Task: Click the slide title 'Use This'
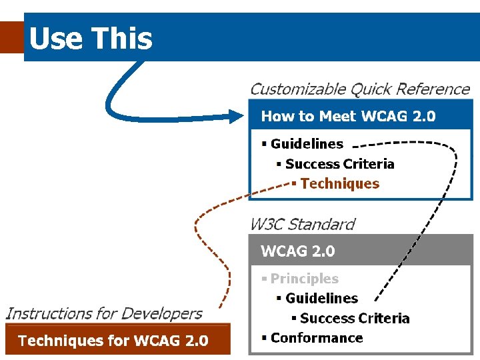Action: point(91,39)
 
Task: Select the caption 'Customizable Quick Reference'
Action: point(360,89)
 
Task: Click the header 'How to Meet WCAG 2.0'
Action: point(348,117)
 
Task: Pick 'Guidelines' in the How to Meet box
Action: point(307,144)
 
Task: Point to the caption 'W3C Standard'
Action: point(302,225)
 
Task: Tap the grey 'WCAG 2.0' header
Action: point(298,251)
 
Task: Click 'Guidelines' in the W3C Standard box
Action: point(321,299)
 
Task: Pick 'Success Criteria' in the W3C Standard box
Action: point(355,319)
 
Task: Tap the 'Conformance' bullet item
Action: point(317,338)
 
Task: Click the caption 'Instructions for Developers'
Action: point(104,313)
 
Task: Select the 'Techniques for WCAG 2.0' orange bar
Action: point(113,341)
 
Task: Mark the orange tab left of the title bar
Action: point(11,37)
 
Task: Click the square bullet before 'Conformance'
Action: point(264,338)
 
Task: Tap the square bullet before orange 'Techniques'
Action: point(294,184)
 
